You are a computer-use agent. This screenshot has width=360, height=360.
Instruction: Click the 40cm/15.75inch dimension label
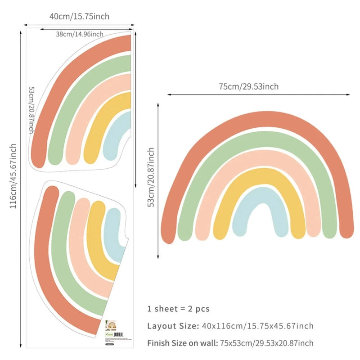pos(79,17)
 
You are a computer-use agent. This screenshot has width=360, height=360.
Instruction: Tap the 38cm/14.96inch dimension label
pos(80,34)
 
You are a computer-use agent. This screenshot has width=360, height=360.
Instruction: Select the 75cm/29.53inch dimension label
pos(248,87)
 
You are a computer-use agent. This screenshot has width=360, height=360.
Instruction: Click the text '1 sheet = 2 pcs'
pos(178,309)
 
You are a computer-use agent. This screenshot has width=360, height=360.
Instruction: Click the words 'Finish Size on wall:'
pos(183,343)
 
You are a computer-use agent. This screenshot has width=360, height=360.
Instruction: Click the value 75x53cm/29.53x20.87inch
pos(266,343)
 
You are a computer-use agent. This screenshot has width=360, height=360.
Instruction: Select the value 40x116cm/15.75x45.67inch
pos(257,326)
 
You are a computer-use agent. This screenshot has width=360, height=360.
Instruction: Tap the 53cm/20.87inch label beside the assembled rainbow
pos(151,177)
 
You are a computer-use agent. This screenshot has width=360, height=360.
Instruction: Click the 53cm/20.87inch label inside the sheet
pos(31,110)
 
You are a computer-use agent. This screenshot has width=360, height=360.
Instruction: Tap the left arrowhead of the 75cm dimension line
pos(169,94)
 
